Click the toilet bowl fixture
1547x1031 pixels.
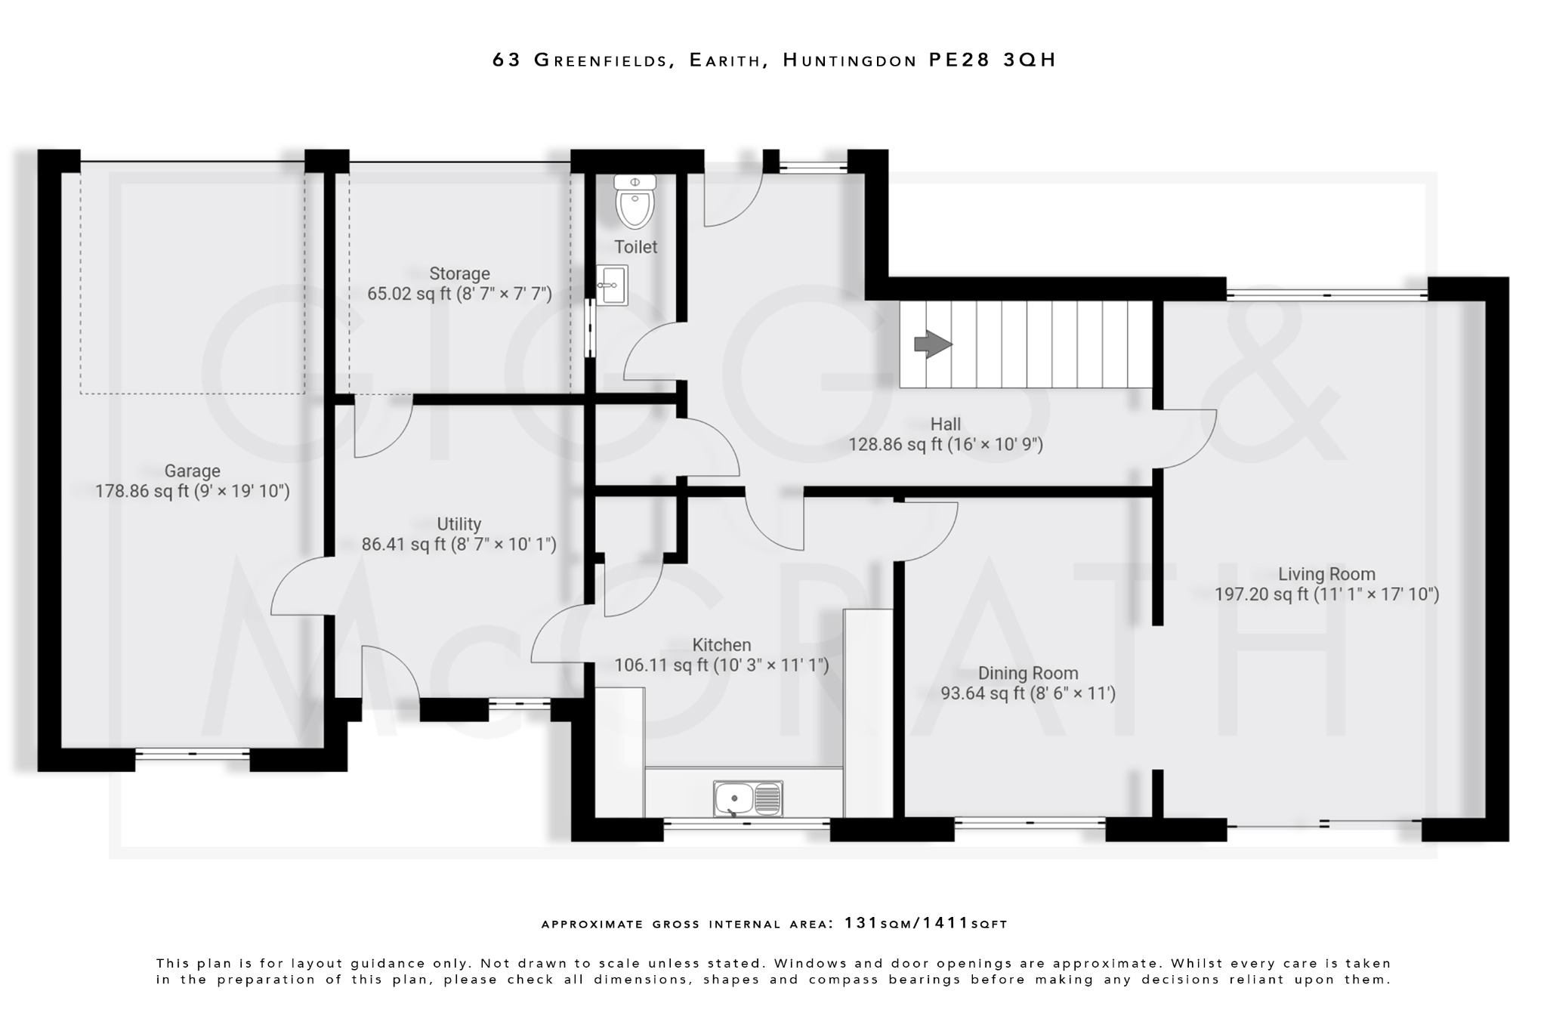[635, 202]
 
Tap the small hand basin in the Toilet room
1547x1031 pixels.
[612, 286]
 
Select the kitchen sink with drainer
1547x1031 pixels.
[748, 799]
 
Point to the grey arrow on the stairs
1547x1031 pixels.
[933, 344]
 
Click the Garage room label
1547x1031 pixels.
[192, 471]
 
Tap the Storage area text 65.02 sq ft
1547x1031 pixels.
[401, 294]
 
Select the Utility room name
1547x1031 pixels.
[459, 524]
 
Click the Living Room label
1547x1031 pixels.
[1326, 574]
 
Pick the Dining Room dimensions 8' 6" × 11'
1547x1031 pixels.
[1073, 693]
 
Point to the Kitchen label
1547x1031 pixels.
[721, 645]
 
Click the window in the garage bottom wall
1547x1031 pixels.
[193, 753]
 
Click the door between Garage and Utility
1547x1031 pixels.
[302, 587]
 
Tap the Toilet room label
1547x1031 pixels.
[635, 247]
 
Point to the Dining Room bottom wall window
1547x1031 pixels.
[1030, 823]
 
